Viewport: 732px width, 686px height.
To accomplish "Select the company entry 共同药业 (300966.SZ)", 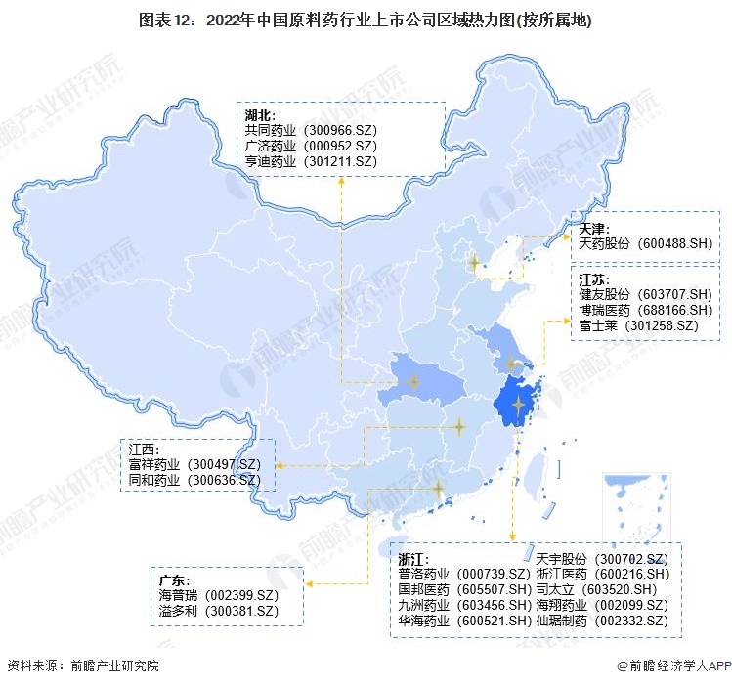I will [311, 130].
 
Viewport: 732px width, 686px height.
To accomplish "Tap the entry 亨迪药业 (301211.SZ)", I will [311, 160].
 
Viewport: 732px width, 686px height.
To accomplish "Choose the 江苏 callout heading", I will [593, 279].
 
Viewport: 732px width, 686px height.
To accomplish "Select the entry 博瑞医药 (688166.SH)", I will [648, 309].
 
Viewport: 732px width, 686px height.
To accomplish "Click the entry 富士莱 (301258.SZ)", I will [637, 324].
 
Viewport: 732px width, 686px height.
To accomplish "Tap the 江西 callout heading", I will [143, 450].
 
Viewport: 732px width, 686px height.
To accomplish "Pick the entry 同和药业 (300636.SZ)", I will [194, 480].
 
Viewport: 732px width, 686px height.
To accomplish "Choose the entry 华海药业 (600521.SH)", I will [463, 621].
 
